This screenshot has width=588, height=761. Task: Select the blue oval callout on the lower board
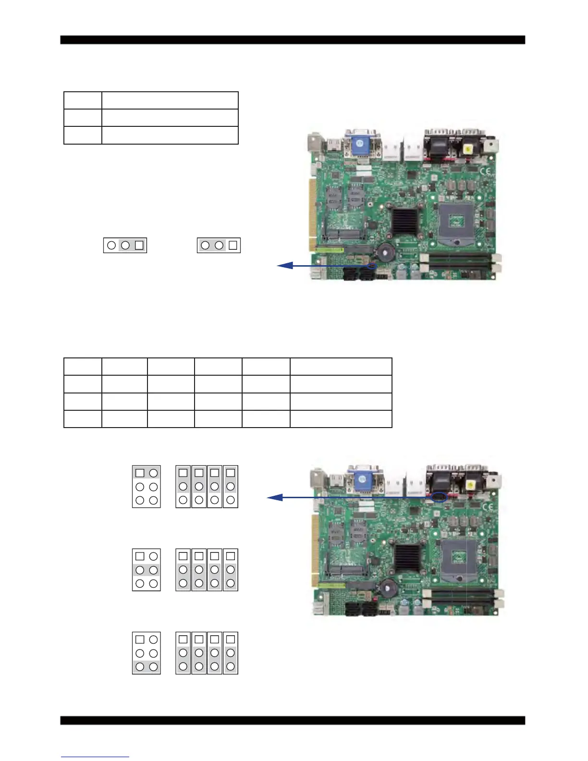pyautogui.click(x=439, y=498)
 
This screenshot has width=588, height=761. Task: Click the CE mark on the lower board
pyautogui.click(x=487, y=506)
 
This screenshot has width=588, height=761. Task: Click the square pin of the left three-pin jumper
pyautogui.click(x=139, y=245)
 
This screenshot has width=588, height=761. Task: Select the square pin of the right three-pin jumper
pyautogui.click(x=233, y=245)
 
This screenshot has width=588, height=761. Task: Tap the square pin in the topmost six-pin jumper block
pyautogui.click(x=140, y=473)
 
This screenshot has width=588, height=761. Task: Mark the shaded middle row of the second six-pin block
pyautogui.click(x=147, y=570)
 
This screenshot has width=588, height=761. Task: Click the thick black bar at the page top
pyautogui.click(x=293, y=40)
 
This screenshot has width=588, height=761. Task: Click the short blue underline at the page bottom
pyautogui.click(x=95, y=757)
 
